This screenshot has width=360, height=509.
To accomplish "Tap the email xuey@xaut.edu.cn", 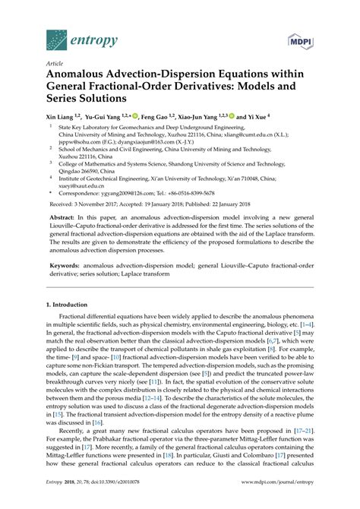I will coord(80,185).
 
